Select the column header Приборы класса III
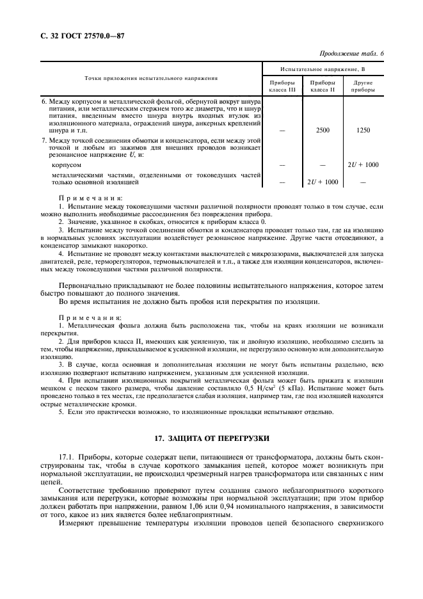click(x=283, y=86)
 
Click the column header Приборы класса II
click(x=323, y=86)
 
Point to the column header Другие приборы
click(x=363, y=86)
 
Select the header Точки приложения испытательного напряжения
click(x=151, y=78)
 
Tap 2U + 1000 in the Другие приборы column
click(x=363, y=164)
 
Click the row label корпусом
click(x=65, y=164)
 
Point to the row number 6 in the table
click(x=44, y=102)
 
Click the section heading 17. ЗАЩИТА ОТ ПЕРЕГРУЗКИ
click(x=211, y=439)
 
